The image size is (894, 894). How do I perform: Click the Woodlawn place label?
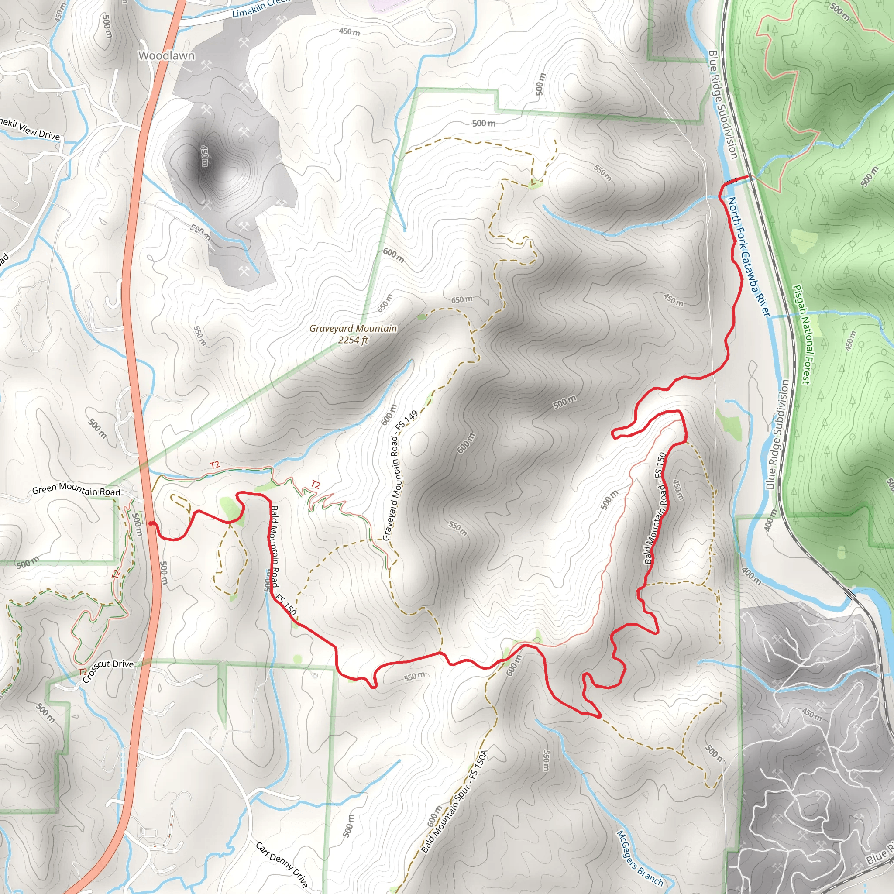(x=166, y=55)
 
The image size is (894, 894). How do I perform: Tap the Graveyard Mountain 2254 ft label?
(x=353, y=334)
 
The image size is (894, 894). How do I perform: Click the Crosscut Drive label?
(x=107, y=670)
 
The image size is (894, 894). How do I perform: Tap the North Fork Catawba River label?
(x=748, y=257)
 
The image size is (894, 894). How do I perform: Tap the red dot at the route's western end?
(x=151, y=523)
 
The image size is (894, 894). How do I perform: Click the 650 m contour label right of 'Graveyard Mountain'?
(x=462, y=299)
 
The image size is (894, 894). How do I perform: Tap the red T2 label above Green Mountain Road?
(x=215, y=464)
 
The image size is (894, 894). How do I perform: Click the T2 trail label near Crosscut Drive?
(x=83, y=671)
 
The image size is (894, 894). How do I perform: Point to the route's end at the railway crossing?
(x=747, y=177)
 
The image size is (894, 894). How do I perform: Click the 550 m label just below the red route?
(x=414, y=677)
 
